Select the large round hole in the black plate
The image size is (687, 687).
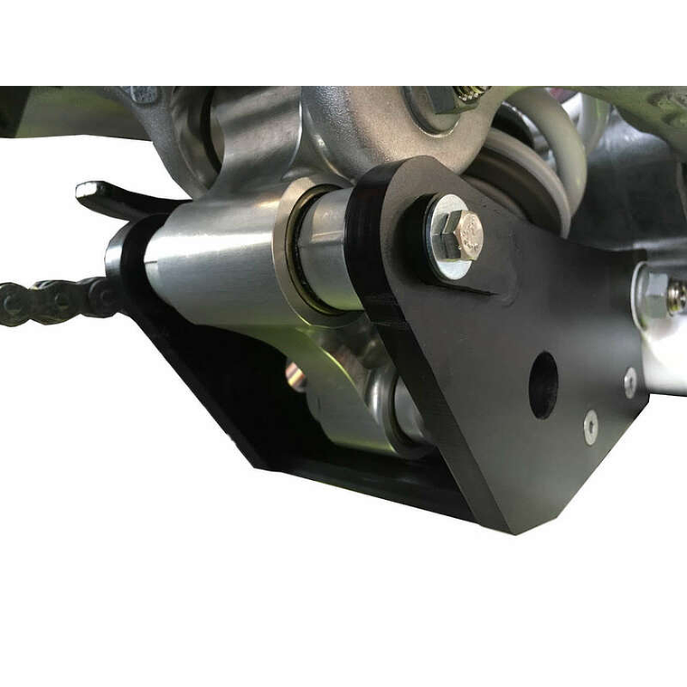click(543, 384)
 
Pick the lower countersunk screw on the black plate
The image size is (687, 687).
click(590, 426)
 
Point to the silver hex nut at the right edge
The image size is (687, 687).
click(653, 295)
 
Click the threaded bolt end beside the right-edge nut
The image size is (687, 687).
click(676, 297)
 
